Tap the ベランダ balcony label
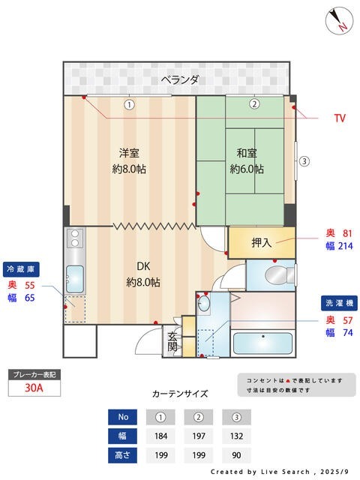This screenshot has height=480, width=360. [x=180, y=79]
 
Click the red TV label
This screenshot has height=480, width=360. [x=340, y=118]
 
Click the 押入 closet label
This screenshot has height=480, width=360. [x=262, y=242]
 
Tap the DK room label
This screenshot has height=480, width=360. [x=143, y=266]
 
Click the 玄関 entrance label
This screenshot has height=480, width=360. [x=172, y=342]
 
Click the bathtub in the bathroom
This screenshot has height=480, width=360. [x=263, y=343]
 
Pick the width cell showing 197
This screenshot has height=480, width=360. [x=199, y=436]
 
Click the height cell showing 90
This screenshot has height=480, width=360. [x=237, y=454]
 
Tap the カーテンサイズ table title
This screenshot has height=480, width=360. [x=180, y=394]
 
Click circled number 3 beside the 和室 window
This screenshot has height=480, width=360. [x=304, y=160]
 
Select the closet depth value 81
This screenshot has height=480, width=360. [x=346, y=232]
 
